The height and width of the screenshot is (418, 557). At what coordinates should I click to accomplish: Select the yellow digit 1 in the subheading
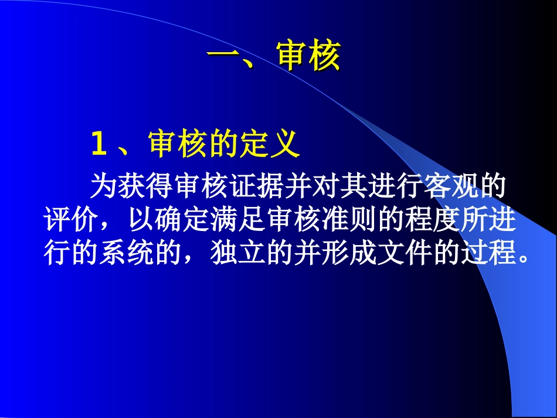click(x=99, y=145)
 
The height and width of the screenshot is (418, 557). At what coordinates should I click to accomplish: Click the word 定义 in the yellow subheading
click(x=270, y=144)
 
